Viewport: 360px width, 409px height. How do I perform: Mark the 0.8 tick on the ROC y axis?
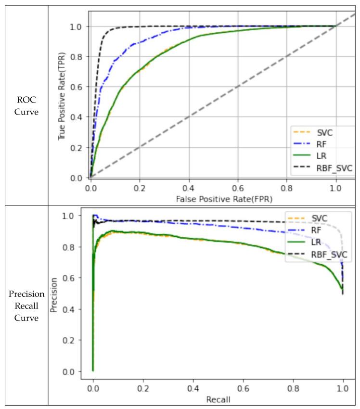77,57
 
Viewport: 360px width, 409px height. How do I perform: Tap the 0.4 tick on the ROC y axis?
77,117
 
